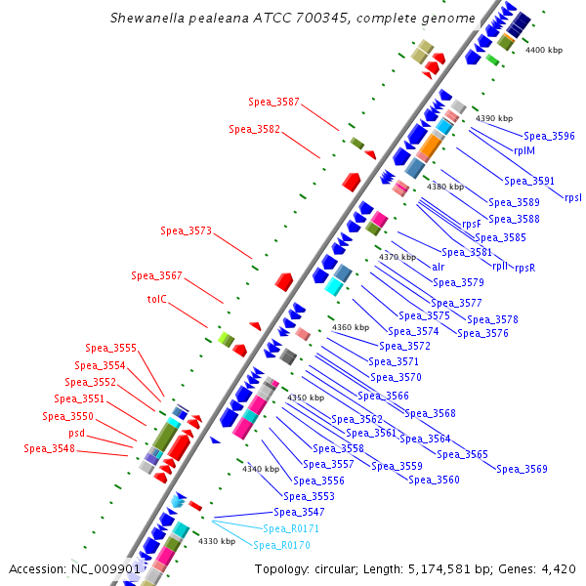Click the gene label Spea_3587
(273, 102)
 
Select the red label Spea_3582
(254, 129)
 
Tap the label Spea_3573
(186, 230)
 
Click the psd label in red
(77, 433)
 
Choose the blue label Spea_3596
(549, 136)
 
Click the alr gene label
(439, 267)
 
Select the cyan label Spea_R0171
(292, 528)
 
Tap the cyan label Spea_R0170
(282, 545)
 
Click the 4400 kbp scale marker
(544, 49)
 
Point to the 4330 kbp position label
(217, 540)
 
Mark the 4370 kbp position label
(398, 257)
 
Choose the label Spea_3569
(522, 469)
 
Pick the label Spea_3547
(299, 512)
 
